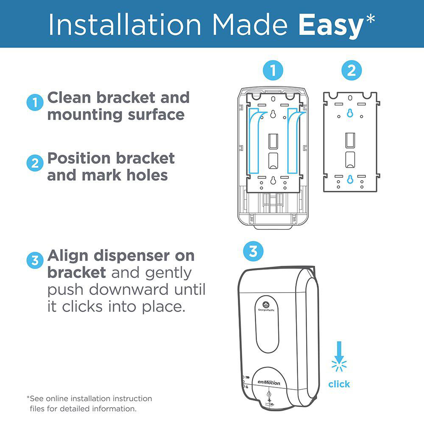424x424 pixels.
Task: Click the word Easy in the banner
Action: point(331,25)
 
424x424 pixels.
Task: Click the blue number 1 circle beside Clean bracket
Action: point(35,103)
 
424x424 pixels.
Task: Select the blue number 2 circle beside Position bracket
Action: point(35,163)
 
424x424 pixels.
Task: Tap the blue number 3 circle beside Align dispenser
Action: point(35,260)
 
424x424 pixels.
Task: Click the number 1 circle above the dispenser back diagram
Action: point(273,70)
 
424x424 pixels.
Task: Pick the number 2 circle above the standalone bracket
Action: point(351,70)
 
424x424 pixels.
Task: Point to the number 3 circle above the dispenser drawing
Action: point(253,251)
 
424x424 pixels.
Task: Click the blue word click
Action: point(339,384)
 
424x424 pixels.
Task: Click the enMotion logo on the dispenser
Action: point(269,382)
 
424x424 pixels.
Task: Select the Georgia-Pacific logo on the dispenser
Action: point(266,306)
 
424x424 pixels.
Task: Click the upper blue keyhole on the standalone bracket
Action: point(350,113)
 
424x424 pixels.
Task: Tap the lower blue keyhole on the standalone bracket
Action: point(350,179)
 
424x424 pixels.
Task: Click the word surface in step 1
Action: point(156,115)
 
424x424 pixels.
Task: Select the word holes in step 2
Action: point(147,175)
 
